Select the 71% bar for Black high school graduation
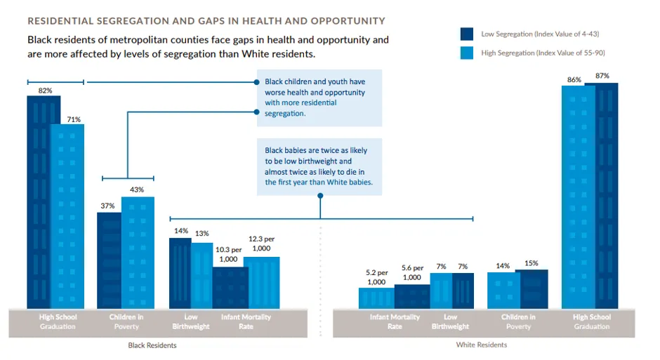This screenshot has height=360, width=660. pyautogui.click(x=67, y=217)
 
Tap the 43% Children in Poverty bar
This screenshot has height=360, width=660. pyautogui.click(x=138, y=253)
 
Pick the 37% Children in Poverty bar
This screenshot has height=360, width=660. pyautogui.click(x=109, y=261)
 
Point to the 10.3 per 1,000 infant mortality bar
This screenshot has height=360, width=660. pyautogui.click(x=230, y=288)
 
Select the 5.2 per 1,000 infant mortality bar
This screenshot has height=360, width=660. pyautogui.click(x=376, y=298)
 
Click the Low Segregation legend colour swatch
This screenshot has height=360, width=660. pyautogui.click(x=467, y=34)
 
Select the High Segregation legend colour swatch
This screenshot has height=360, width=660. pyautogui.click(x=467, y=53)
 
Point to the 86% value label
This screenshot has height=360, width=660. pyautogui.click(x=574, y=79)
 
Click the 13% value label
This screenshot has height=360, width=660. pyautogui.click(x=202, y=234)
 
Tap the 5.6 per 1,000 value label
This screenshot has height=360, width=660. pyautogui.click(x=412, y=272)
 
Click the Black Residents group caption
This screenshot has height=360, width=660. pyautogui.click(x=152, y=345)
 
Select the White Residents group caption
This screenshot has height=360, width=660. pyautogui.click(x=482, y=345)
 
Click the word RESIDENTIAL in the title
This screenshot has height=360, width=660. pyautogui.click(x=60, y=21)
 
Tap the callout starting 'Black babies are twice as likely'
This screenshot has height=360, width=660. pyautogui.click(x=319, y=166)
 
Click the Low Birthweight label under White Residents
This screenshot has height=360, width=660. pyautogui.click(x=450, y=321)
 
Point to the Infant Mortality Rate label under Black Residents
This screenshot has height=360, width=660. pyautogui.click(x=246, y=321)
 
